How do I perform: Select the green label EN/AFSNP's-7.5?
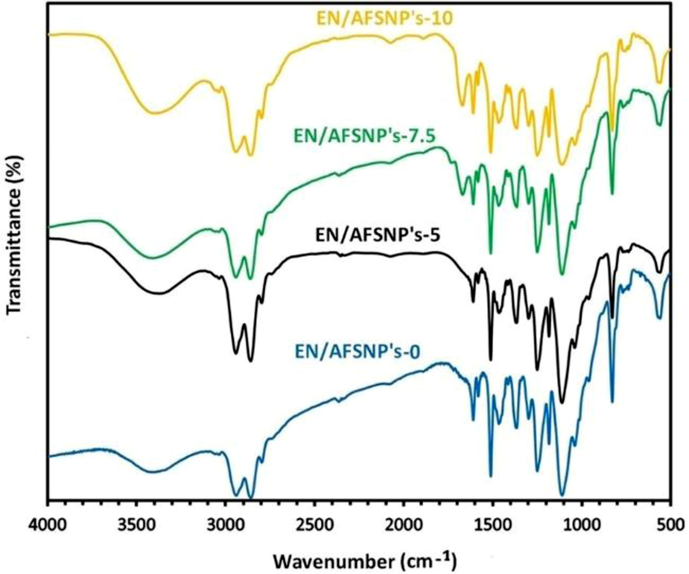[365, 136]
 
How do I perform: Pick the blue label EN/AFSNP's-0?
[357, 351]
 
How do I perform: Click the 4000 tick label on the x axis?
[48, 524]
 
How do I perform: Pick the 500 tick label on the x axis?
[670, 524]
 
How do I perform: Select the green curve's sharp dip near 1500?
[491, 254]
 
